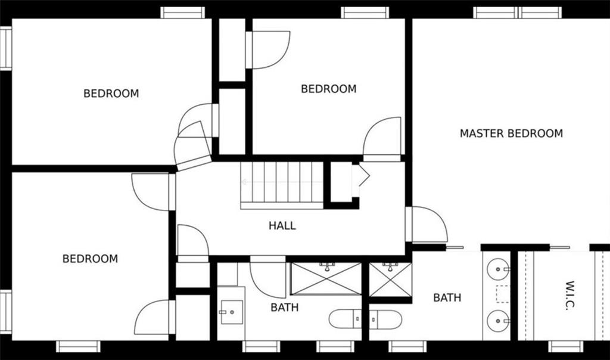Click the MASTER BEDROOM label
coord(511,134)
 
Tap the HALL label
coord(282,225)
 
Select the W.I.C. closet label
coord(569,295)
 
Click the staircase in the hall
coord(282,185)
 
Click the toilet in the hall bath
coord(345,319)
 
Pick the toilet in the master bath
coord(385,319)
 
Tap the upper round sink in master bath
coord(499,269)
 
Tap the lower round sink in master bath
coord(499,321)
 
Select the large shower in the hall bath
coord(326,279)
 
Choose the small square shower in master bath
coord(390,280)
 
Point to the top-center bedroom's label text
coord(329,89)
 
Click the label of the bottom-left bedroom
coord(91,259)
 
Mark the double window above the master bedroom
coord(518,13)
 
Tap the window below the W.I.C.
coord(566,346)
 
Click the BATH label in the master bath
coord(447,298)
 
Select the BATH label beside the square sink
coord(285,308)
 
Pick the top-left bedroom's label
coord(111,94)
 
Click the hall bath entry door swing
coord(267,277)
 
